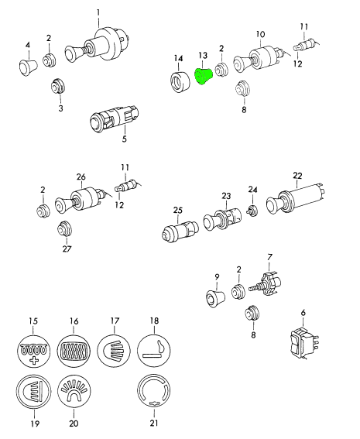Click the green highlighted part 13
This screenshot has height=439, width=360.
[204, 77]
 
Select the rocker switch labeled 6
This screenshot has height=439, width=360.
[304, 343]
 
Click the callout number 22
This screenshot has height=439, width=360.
[297, 176]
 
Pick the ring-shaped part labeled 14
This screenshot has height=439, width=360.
[180, 82]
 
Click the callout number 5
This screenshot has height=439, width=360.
[125, 139]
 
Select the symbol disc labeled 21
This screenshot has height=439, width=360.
[154, 390]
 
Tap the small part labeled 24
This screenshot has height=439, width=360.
[252, 210]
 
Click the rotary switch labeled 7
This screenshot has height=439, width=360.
[266, 285]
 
